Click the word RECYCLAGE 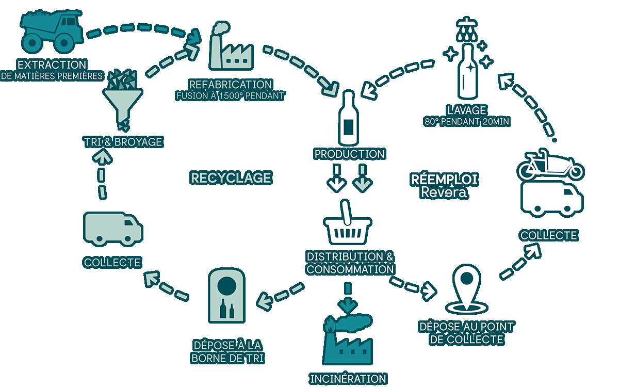231,178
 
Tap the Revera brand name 444,192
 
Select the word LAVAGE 467,110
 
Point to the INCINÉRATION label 348,378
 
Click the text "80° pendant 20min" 466,122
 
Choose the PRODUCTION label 349,154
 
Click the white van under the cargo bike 551,199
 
